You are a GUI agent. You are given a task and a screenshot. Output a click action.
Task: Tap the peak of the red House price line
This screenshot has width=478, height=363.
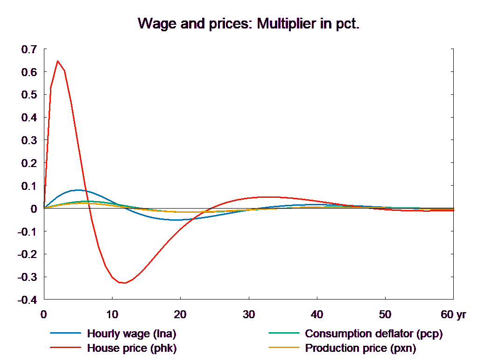57,61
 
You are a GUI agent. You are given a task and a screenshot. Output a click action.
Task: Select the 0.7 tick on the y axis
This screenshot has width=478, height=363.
28,49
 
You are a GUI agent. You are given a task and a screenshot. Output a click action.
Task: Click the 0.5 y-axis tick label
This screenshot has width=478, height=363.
28,95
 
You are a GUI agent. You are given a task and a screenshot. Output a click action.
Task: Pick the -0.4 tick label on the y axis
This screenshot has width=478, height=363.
27,300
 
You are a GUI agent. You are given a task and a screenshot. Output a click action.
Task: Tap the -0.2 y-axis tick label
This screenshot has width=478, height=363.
27,254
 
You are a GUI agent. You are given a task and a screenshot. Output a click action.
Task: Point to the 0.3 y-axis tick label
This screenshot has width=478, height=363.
28,140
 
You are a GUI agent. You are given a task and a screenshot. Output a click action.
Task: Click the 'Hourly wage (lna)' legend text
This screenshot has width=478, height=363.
132,334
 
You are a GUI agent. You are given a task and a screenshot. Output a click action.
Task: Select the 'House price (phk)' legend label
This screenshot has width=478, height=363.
132,348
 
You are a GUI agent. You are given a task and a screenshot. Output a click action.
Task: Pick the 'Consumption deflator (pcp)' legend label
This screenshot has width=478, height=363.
373,334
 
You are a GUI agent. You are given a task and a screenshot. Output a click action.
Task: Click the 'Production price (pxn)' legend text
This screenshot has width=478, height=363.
360,348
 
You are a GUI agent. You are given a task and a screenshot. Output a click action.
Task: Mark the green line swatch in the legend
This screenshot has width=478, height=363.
283,334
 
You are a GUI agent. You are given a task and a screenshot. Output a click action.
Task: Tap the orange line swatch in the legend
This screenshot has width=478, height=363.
283,348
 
